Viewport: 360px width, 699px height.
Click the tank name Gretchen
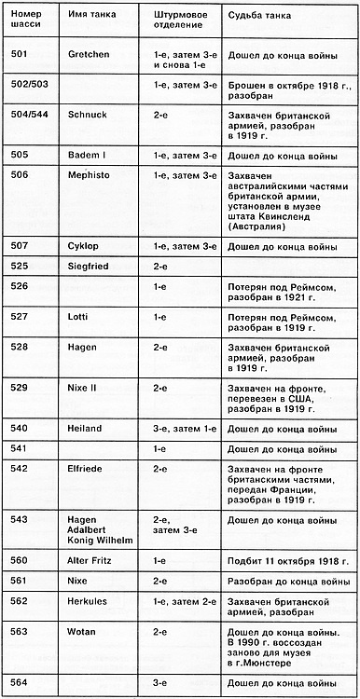(89, 54)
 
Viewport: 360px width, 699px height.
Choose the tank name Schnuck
(86, 109)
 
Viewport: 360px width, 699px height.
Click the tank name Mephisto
(89, 174)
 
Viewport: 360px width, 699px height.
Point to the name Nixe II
(84, 386)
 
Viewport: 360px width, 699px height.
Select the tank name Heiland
(86, 427)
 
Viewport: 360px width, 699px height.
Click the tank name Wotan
(82, 630)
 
